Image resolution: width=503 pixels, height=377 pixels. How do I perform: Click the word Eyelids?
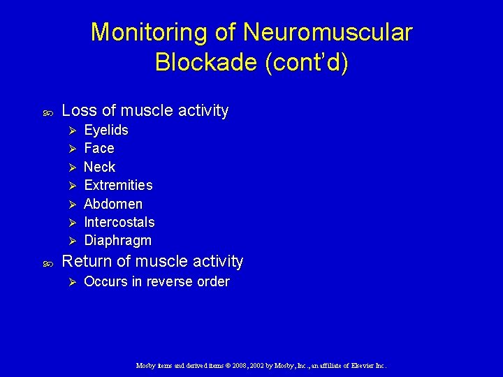coord(106,131)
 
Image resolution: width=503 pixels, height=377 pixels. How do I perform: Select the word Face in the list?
coord(99,149)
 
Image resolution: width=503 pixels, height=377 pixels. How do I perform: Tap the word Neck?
coord(99,167)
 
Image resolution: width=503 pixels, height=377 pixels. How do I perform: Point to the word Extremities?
coord(118,185)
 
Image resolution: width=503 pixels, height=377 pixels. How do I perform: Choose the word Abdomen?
coord(113,204)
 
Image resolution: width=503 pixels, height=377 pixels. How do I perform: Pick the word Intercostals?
coord(119,222)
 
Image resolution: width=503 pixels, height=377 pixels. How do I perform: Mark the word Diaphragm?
coord(117,240)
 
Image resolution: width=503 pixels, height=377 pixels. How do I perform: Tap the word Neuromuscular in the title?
coord(328,33)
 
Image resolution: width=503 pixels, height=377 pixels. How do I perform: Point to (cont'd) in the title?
coord(307,63)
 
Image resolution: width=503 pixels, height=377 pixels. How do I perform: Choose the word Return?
coord(86,262)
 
